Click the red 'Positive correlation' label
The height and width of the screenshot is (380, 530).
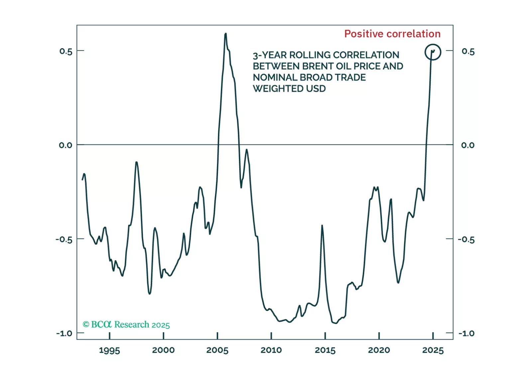(392, 34)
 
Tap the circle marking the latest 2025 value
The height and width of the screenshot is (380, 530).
(433, 52)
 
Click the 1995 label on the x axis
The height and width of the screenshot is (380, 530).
(109, 350)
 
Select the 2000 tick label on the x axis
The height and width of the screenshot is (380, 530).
(163, 350)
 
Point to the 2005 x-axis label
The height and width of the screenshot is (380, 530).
(217, 350)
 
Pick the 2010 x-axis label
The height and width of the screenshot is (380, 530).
(271, 350)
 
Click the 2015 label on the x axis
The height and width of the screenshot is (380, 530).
(325, 350)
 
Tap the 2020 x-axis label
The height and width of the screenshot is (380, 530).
(379, 350)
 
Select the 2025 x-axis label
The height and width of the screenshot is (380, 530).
(433, 350)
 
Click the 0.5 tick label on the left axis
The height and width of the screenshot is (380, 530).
(66, 51)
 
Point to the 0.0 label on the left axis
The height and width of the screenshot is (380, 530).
(65, 145)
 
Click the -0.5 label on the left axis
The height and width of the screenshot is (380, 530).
(64, 239)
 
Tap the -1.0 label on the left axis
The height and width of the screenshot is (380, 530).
(64, 333)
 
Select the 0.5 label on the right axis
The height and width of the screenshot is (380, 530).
(468, 51)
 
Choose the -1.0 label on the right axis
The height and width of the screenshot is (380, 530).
(466, 333)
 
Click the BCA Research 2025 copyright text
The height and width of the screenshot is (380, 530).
(126, 325)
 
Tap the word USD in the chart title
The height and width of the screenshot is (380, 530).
(316, 89)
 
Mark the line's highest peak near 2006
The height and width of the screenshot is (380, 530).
(226, 34)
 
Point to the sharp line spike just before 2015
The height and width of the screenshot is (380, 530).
(322, 226)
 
